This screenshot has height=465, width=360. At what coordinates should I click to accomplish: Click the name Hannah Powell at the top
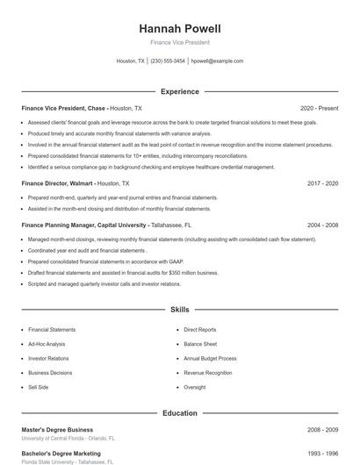click(179, 29)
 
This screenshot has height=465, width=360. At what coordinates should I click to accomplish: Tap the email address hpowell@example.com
click(217, 61)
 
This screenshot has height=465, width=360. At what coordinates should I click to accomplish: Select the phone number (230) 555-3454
click(168, 61)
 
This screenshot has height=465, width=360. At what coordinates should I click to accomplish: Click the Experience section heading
click(179, 91)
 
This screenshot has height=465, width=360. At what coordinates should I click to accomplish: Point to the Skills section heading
click(179, 310)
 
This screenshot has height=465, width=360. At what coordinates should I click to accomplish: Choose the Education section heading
click(179, 412)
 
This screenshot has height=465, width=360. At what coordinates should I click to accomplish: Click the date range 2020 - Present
click(319, 108)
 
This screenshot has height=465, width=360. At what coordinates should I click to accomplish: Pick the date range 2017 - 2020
click(323, 184)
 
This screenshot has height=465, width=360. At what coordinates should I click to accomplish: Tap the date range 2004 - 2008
click(323, 225)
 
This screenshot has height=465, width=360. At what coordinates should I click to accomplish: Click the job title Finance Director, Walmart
click(58, 184)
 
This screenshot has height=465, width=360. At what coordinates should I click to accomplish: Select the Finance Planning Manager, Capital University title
click(83, 225)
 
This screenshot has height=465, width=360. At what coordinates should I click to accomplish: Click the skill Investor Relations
click(49, 358)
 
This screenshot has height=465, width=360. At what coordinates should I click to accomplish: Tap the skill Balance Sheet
click(200, 344)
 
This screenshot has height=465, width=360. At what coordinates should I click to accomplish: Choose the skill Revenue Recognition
click(208, 372)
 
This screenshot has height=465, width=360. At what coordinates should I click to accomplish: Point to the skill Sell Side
click(38, 386)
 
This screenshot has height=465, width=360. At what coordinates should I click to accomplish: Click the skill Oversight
click(195, 386)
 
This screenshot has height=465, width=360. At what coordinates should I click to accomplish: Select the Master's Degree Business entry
click(56, 429)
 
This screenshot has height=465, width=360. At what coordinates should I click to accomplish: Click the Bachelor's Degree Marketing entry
click(61, 454)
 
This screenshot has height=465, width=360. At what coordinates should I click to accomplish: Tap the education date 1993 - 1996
click(323, 454)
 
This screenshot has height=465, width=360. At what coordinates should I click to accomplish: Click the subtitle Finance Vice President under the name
click(179, 42)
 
